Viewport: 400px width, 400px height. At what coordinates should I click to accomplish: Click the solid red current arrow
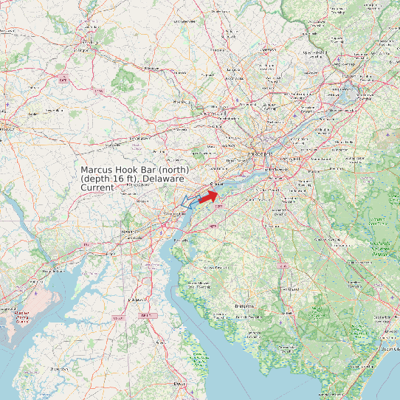coord(208,196)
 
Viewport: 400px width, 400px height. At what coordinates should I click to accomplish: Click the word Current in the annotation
coord(97,188)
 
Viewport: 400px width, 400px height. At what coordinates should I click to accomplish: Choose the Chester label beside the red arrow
coord(215,185)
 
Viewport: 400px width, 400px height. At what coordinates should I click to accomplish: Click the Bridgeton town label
coord(244,305)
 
